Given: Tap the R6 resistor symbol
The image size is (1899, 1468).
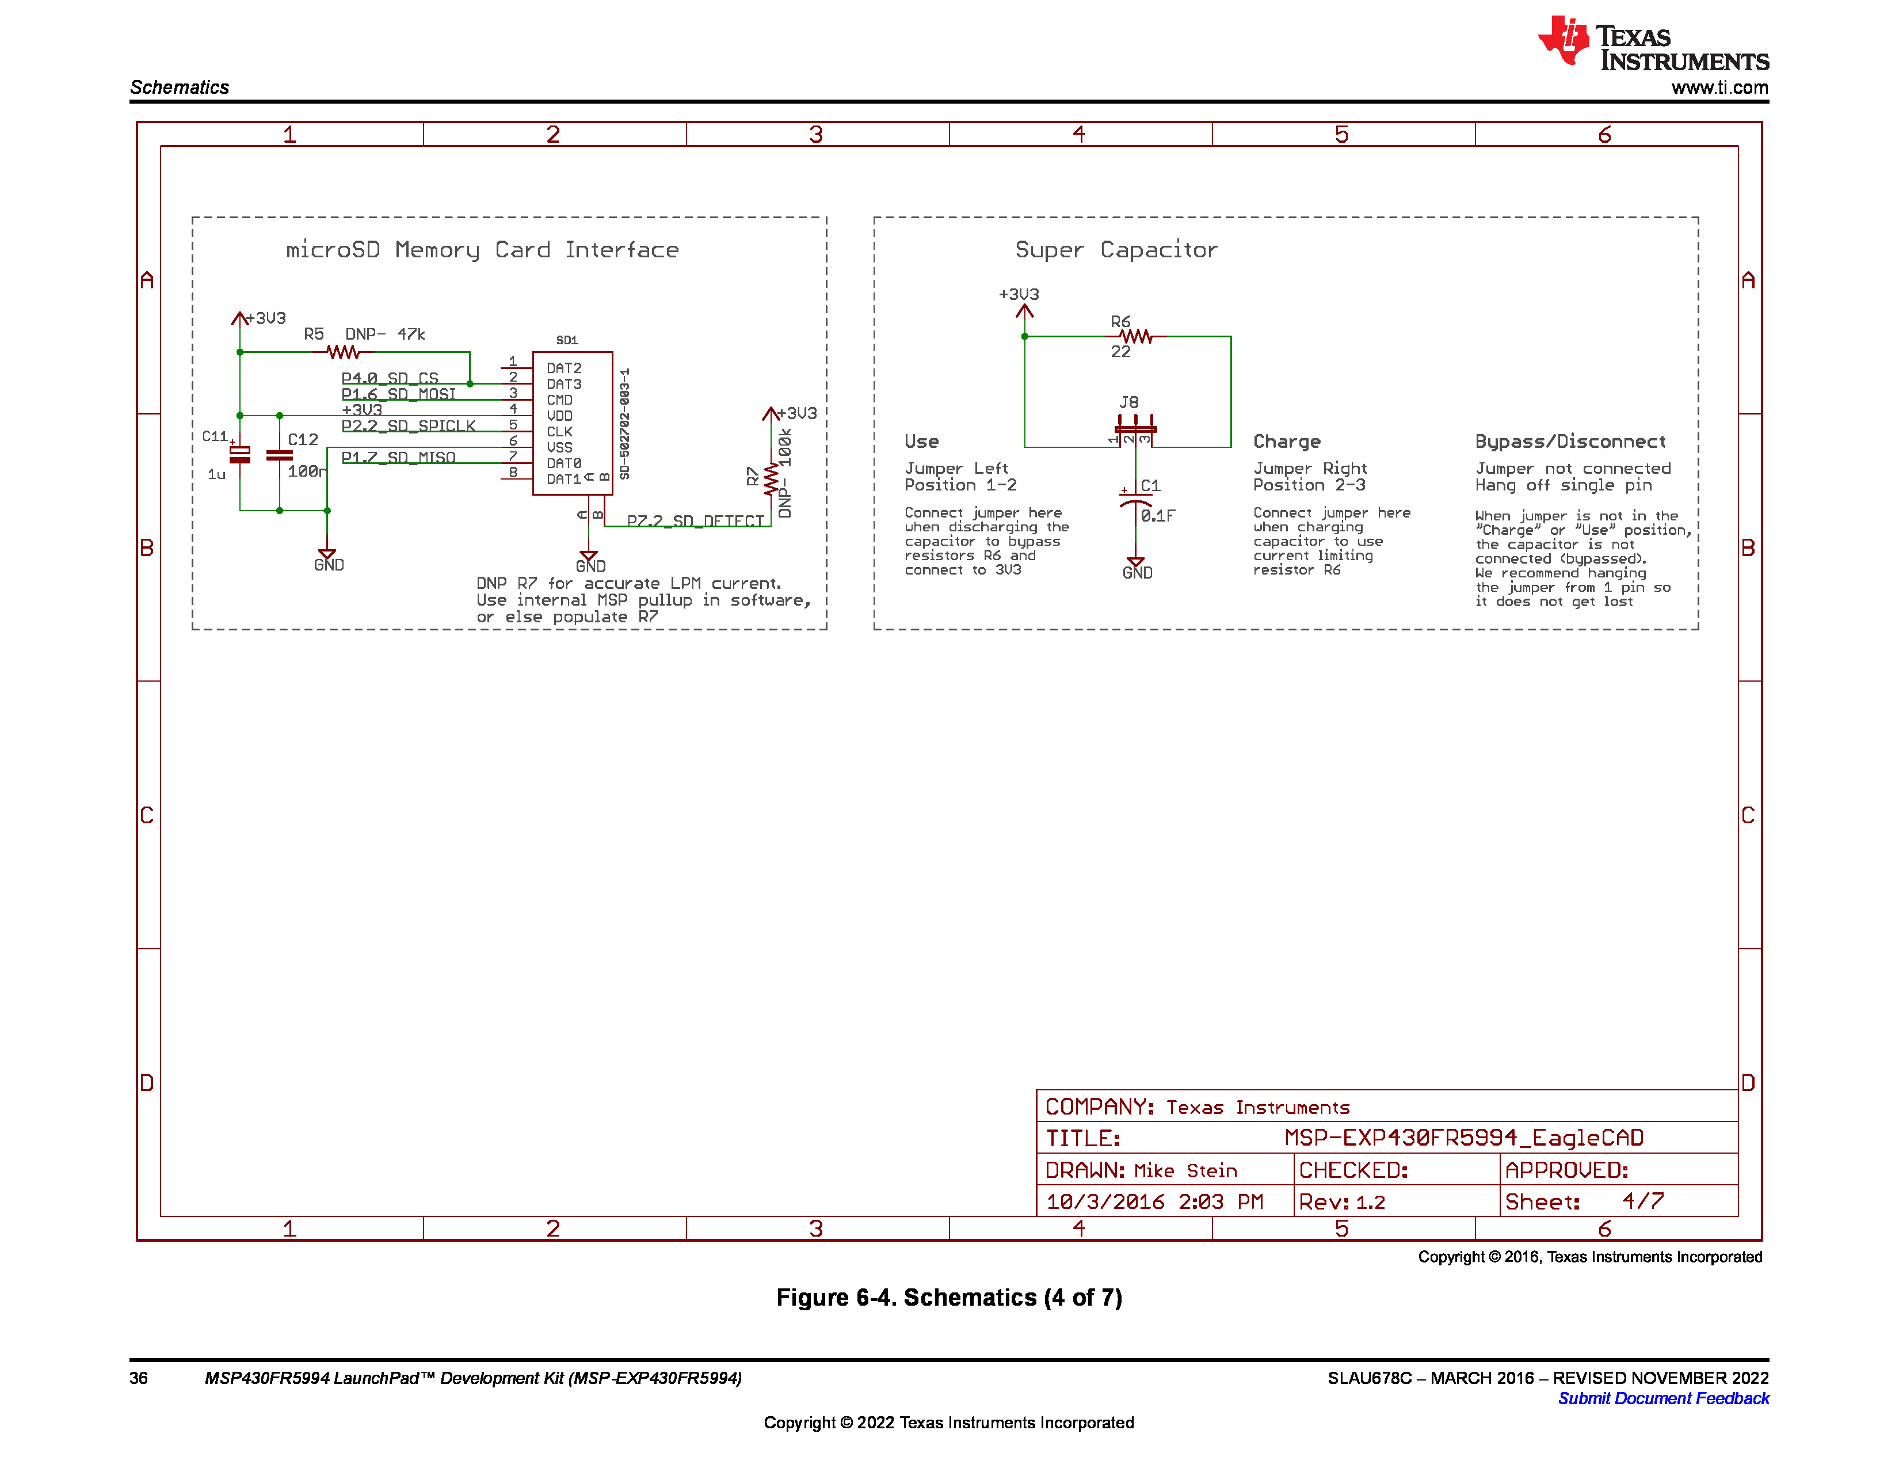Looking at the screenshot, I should tap(1135, 337).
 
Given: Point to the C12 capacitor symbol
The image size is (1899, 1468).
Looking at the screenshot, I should tap(279, 456).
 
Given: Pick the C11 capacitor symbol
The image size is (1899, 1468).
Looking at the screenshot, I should tap(240, 455).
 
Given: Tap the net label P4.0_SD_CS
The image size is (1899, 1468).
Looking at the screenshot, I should tap(390, 378).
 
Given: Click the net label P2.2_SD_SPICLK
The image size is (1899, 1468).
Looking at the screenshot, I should tap(408, 426).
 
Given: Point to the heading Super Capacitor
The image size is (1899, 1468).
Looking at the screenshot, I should tap(1116, 250).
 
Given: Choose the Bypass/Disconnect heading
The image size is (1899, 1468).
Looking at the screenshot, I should tap(1569, 442).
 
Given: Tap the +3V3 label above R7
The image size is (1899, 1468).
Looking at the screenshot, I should tap(796, 414).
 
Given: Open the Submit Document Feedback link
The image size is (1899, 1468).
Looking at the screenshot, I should tap(1662, 1398).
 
